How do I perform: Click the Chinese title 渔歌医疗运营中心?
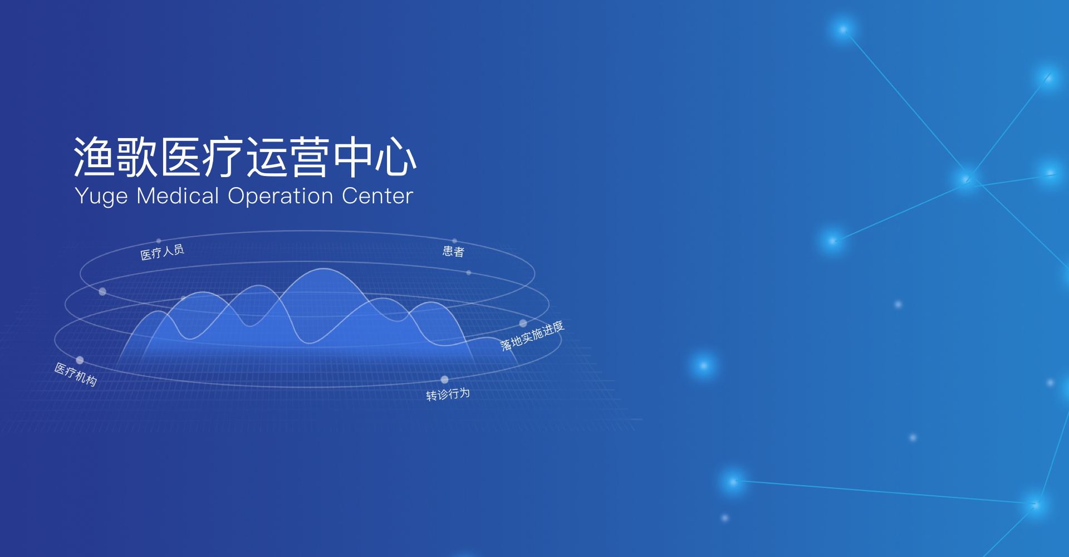click(245, 157)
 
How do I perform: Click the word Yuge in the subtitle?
click(101, 197)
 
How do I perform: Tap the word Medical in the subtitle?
click(178, 196)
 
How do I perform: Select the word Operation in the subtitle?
click(281, 197)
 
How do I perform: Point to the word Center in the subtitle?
click(377, 196)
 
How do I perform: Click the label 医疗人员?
click(162, 252)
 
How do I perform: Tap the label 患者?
click(453, 251)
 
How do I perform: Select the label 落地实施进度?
click(532, 336)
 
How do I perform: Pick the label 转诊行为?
click(448, 394)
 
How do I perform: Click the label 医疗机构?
click(76, 374)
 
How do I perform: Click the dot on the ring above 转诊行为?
click(444, 380)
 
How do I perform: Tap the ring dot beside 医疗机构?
click(80, 360)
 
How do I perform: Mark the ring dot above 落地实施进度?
click(523, 323)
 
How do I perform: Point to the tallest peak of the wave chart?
click(323, 269)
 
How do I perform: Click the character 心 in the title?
click(396, 157)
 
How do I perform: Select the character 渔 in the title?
click(94, 157)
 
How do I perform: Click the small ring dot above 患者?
click(454, 241)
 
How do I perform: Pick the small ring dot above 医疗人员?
click(159, 241)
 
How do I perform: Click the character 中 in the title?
click(353, 157)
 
